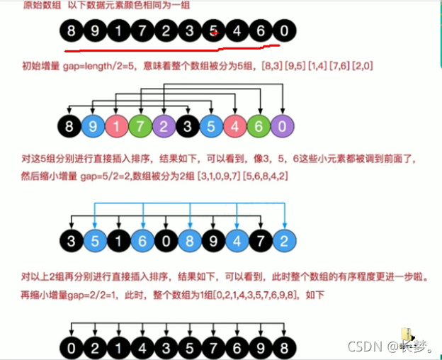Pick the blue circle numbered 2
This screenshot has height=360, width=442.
(283, 240)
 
